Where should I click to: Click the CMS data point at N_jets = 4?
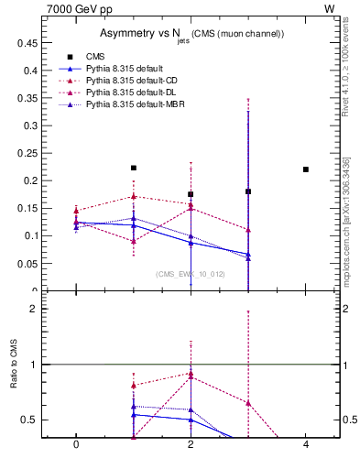(306, 169)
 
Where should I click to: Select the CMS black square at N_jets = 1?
(134, 168)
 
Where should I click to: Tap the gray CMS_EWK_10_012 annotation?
(190, 274)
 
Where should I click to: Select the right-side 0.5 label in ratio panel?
(350, 420)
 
